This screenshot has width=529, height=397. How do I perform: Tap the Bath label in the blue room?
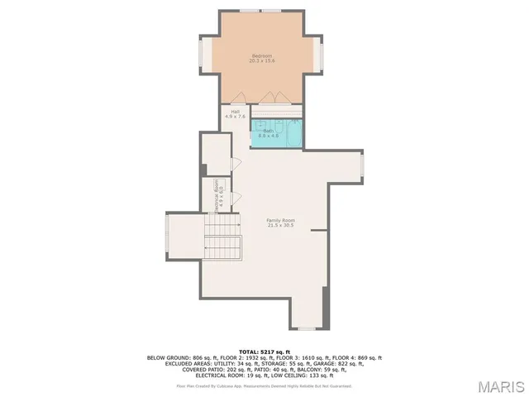[x=269, y=130]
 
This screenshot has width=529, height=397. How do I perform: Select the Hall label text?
[x=235, y=112]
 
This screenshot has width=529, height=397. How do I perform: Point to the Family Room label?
[x=280, y=219]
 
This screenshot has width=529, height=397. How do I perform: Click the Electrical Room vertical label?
[x=217, y=197]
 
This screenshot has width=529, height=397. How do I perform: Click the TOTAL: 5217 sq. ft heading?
[x=264, y=352]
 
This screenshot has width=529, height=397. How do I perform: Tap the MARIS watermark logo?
[x=501, y=386]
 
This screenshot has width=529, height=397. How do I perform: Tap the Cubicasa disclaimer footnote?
[x=264, y=385]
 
